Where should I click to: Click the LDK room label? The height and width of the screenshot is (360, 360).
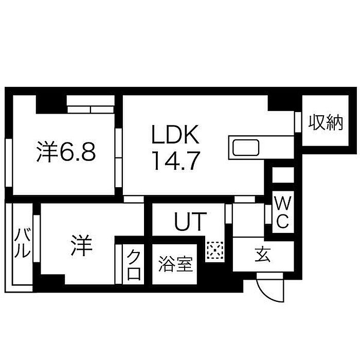(175, 135)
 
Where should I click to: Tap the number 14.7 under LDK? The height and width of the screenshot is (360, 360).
(176, 160)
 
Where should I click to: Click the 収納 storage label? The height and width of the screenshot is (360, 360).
(326, 123)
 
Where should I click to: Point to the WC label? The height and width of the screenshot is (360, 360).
(283, 212)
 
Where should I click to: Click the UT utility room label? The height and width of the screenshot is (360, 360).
(190, 221)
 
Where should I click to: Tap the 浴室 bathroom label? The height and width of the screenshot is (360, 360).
(175, 264)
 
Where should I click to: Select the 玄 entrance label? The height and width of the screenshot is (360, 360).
(263, 255)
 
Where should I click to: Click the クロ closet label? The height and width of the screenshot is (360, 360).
(134, 264)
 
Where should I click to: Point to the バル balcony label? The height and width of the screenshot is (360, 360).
(22, 243)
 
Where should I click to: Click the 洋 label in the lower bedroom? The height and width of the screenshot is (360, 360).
(81, 245)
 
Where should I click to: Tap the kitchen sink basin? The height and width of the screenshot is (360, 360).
(246, 148)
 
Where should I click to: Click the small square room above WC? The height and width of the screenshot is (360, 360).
(283, 175)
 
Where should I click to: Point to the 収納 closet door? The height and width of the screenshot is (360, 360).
(298, 122)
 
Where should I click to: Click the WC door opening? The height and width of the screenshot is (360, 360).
(268, 214)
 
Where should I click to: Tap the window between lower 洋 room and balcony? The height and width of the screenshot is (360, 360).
(37, 238)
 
